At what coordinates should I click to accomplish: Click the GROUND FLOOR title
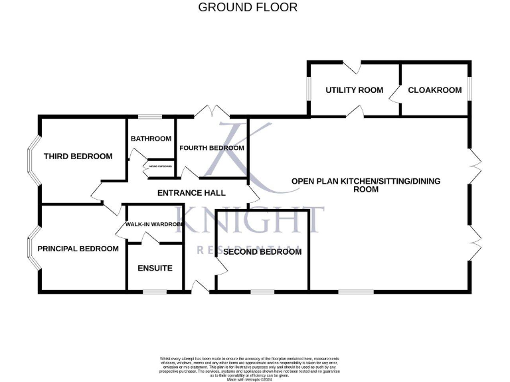248,8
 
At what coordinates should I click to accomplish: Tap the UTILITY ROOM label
354,90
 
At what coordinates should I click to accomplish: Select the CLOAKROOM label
434,90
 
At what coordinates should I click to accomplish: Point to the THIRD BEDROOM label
78,157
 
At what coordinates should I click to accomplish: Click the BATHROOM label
151,139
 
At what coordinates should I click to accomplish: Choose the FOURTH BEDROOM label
212,148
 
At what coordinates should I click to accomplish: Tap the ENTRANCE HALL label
191,193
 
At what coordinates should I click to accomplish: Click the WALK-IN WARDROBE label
154,225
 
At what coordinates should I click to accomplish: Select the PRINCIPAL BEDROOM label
78,249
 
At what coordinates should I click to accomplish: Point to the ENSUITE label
155,269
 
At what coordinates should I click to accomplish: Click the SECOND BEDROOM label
262,252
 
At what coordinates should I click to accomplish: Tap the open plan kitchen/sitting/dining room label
366,185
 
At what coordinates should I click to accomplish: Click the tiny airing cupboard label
160,166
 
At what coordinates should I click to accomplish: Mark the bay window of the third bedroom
33,160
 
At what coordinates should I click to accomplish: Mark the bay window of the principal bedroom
33,248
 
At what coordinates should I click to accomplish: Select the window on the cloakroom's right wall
469,89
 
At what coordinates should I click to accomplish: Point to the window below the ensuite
155,291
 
